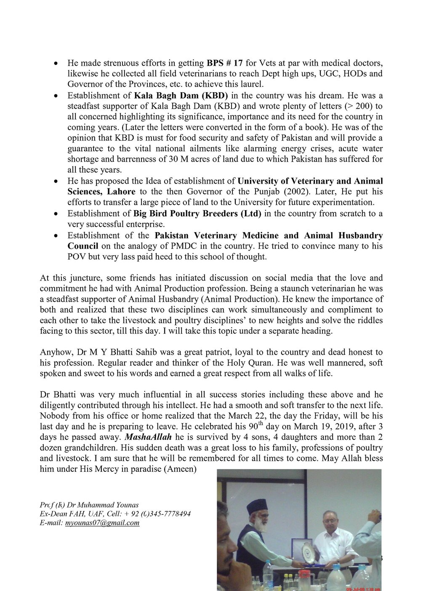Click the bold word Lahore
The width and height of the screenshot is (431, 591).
[x=118, y=192]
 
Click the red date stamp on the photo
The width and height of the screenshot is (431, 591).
[x=363, y=589]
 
